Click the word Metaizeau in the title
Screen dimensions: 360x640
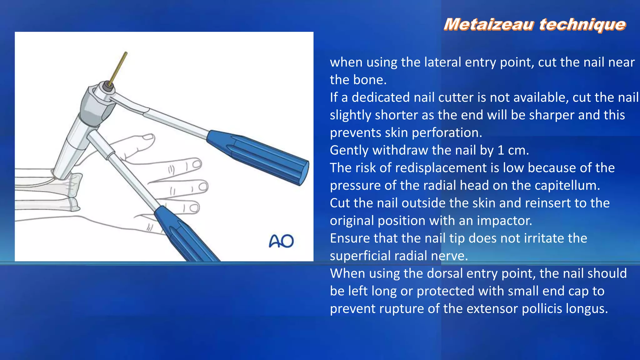pos(488,24)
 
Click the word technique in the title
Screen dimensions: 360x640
pos(582,24)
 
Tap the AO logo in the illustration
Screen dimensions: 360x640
pos(281,241)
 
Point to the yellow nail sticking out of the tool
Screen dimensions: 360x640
pos(118,67)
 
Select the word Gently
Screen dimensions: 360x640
pos(349,150)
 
